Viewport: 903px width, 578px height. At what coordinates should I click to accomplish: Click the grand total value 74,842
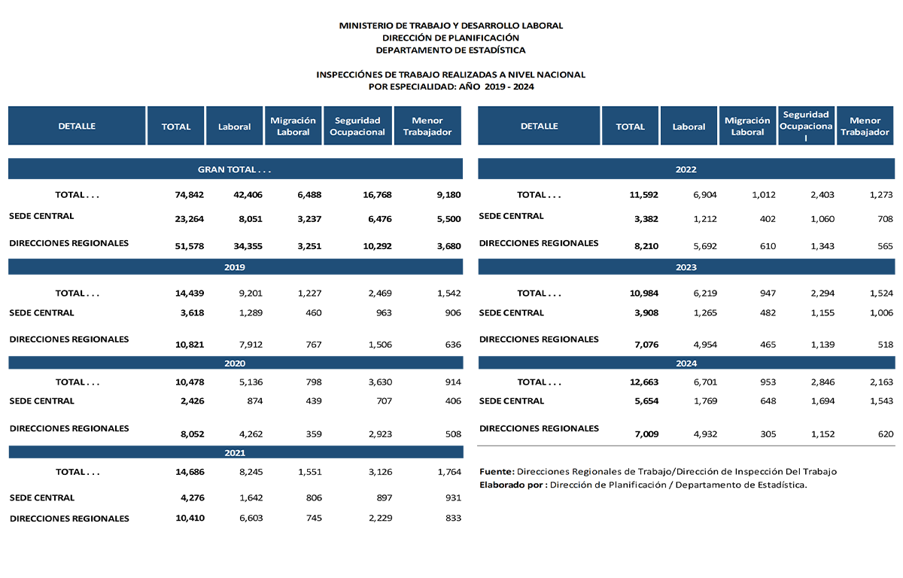click(189, 195)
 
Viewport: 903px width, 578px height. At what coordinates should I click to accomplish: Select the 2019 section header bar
click(235, 267)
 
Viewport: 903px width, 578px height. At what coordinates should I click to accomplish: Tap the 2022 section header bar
click(686, 169)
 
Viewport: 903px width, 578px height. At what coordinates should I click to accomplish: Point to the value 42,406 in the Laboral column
click(247, 195)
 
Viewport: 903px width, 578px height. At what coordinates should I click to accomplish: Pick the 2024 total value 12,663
click(643, 382)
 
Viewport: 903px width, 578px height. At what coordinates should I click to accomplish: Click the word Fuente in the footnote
click(497, 472)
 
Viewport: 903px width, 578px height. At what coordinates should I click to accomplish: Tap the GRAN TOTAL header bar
click(235, 169)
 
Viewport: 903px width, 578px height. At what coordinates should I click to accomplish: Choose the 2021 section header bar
click(235, 453)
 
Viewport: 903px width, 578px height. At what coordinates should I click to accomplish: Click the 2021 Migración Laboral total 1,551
click(309, 473)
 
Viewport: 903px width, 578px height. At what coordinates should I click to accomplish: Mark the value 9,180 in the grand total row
click(447, 195)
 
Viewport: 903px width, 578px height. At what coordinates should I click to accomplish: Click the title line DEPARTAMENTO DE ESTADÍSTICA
click(451, 50)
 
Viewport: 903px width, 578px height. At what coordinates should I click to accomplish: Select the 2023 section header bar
click(686, 267)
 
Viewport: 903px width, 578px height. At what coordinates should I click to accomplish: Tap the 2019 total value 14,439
click(189, 294)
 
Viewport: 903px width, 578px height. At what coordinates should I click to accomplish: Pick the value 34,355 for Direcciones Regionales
click(247, 245)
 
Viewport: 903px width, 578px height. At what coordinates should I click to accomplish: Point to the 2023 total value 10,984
click(643, 294)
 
